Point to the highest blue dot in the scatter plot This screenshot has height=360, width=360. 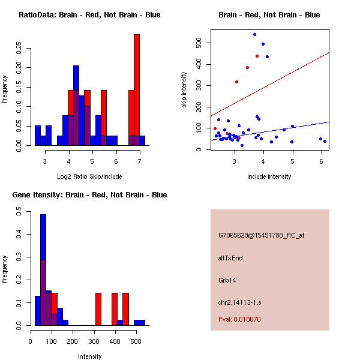254,35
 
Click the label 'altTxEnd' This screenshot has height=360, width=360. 230,258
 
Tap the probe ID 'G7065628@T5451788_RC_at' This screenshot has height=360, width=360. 261,236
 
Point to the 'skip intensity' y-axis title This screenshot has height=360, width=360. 184,90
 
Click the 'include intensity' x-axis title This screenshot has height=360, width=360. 269,176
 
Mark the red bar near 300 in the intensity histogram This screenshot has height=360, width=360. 98,309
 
